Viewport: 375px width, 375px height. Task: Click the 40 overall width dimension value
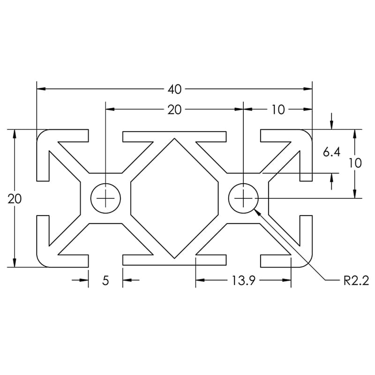tap(174, 88)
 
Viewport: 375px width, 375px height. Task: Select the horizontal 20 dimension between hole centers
tap(174, 110)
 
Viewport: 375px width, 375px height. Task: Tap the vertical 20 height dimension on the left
tap(15, 198)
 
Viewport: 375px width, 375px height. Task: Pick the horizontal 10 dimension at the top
tap(277, 110)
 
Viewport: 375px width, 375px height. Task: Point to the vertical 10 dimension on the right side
tap(355, 163)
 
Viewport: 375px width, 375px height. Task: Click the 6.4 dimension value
tap(331, 152)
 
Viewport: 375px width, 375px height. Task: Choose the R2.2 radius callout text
tap(356, 281)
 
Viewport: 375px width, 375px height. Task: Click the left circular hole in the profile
tap(106, 198)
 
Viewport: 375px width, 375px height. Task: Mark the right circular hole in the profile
tap(244, 198)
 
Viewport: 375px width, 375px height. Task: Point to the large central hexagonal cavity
tap(175, 198)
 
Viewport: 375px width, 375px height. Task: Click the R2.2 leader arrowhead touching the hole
tap(257, 211)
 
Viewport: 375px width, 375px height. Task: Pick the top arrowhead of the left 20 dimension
tap(15, 134)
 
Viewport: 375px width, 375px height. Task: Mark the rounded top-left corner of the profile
tap(41, 134)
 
